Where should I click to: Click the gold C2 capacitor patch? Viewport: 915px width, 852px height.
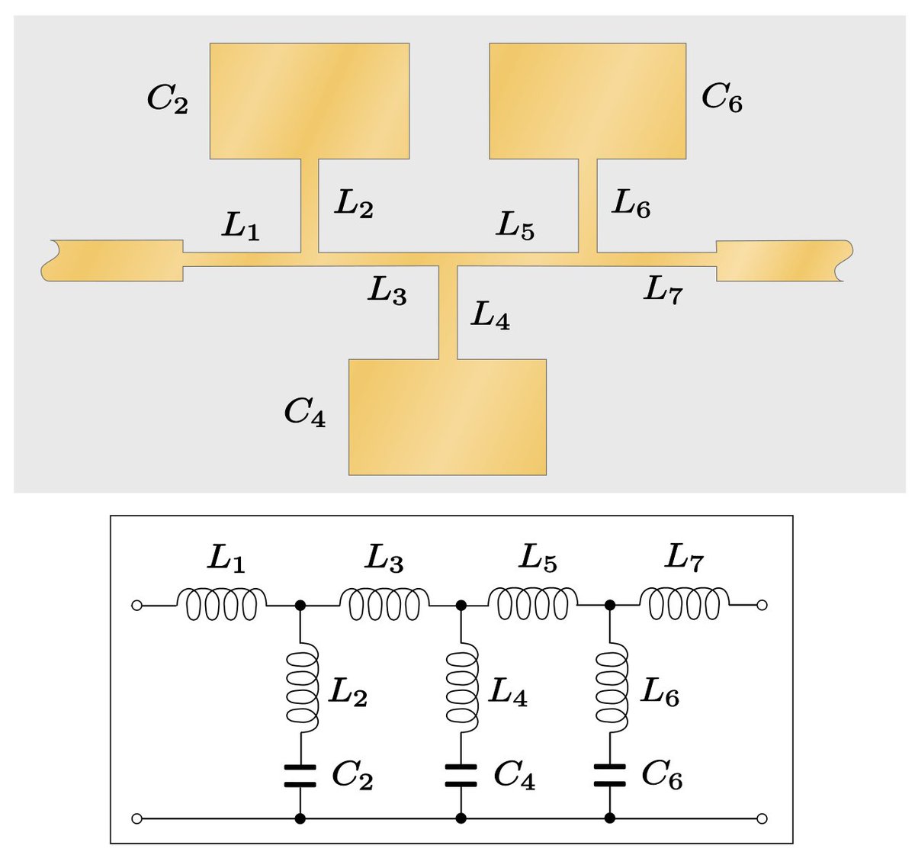[x=309, y=101]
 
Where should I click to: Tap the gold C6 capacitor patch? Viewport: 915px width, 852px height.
[x=588, y=101]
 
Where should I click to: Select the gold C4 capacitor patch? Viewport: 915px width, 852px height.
[x=448, y=416]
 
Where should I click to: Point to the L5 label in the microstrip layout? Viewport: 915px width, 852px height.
[x=515, y=224]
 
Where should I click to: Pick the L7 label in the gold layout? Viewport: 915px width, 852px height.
[x=662, y=289]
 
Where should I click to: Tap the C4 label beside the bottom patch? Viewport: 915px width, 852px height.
[x=305, y=412]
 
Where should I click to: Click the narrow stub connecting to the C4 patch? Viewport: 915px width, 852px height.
[x=448, y=313]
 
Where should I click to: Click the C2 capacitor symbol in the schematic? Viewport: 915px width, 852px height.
[x=300, y=775]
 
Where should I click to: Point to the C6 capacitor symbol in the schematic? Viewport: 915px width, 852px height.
[x=610, y=775]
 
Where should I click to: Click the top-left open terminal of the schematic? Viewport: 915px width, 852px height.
[x=136, y=606]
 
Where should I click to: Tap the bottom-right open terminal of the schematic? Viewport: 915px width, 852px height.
[x=762, y=818]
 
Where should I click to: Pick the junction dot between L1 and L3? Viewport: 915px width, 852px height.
[x=300, y=605]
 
